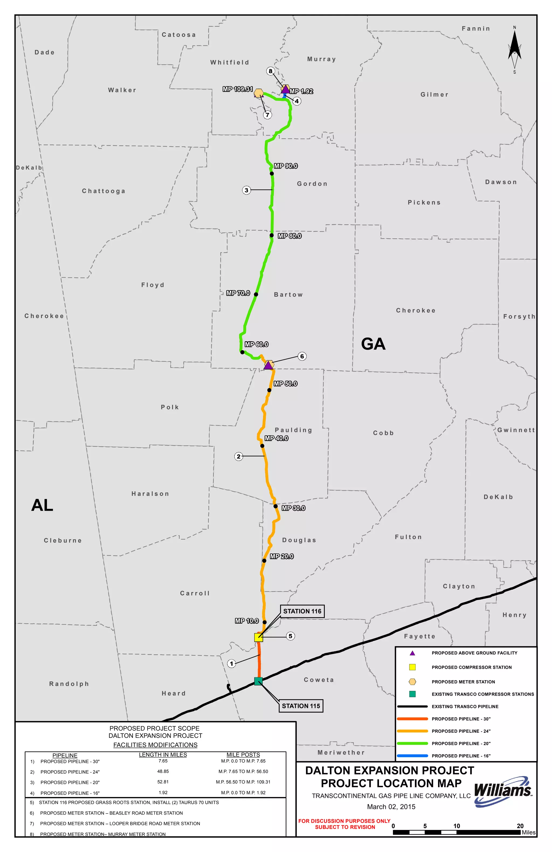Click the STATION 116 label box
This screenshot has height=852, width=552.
pos(302,611)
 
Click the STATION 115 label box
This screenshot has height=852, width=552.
pos(301,706)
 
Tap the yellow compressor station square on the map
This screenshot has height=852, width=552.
pos(258,637)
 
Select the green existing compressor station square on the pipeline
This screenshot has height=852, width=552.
pos(258,681)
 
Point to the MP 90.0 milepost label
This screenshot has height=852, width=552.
pos(286,166)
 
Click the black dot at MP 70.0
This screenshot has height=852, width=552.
pos(256,294)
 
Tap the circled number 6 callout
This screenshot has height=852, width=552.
pos(302,356)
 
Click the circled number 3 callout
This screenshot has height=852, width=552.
pos(246,190)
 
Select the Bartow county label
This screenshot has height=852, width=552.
pos(288,294)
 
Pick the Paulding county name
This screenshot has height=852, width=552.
pos(293,430)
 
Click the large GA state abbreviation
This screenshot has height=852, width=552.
pos(373,344)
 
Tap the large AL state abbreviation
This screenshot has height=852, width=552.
pos(42,505)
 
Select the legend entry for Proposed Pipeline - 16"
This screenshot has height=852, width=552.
pos(461,756)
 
